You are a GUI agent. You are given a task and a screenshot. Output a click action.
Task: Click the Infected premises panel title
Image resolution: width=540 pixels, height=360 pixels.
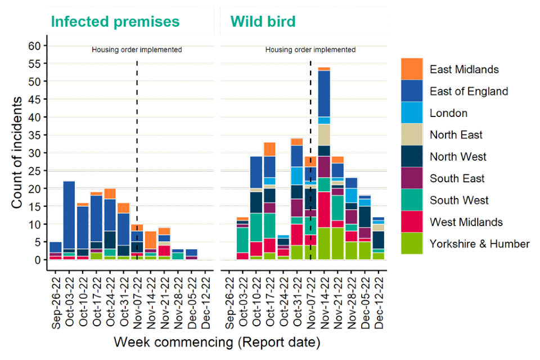pyautogui.click(x=115, y=22)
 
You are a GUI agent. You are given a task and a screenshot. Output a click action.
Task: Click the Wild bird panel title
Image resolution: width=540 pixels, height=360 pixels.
pyautogui.click(x=263, y=22)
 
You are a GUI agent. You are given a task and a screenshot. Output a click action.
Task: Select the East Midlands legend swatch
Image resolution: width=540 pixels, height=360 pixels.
pyautogui.click(x=411, y=69)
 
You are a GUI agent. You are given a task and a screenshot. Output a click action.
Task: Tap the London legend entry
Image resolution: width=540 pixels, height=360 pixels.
pyautogui.click(x=448, y=113)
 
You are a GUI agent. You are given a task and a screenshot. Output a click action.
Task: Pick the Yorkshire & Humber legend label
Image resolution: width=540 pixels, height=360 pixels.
pyautogui.click(x=479, y=244)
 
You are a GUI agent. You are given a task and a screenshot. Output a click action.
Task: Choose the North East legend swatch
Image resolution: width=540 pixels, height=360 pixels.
pyautogui.click(x=411, y=135)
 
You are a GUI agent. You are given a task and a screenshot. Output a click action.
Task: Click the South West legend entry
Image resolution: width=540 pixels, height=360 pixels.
pyautogui.click(x=459, y=200)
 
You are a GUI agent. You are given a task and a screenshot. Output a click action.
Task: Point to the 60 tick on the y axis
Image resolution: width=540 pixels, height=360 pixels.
pyautogui.click(x=35, y=46)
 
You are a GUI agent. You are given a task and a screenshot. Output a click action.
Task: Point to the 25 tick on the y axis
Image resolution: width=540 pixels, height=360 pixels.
pyautogui.click(x=35, y=170)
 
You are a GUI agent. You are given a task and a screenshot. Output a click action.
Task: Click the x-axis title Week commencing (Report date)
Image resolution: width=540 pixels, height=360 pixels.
pyautogui.click(x=217, y=341)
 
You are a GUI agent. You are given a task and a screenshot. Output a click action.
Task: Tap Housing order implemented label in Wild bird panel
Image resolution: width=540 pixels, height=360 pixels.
pyautogui.click(x=310, y=49)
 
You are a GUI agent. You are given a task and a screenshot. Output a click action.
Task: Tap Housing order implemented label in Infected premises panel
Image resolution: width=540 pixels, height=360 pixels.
pyautogui.click(x=137, y=49)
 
